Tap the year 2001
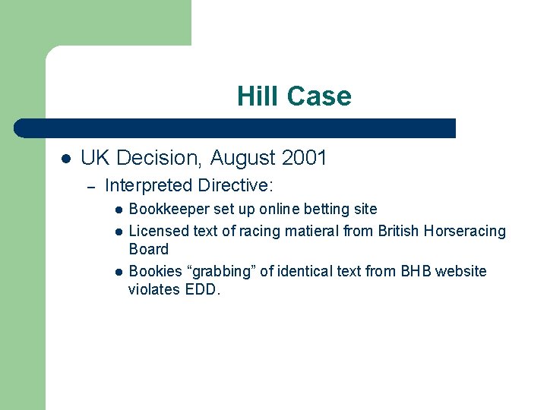coord(304,158)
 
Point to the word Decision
coord(157,158)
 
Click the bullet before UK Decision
coord(66,159)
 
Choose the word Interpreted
coord(148,184)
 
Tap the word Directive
coord(236,184)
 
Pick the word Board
coord(149,249)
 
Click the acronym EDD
coord(202,289)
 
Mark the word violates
coord(154,289)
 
